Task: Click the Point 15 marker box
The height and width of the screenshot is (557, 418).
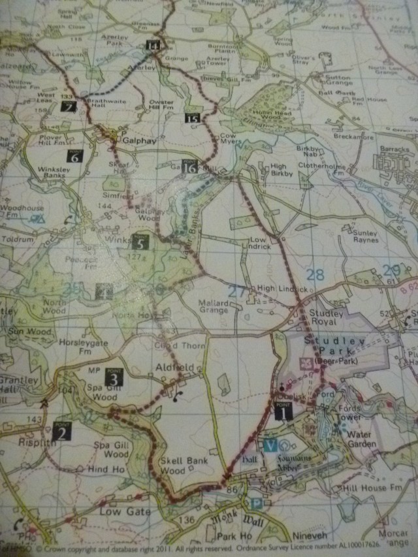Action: tap(192, 118)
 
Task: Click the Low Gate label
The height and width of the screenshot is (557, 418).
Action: tap(124, 511)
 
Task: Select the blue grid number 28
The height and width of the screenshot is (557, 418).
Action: tap(315, 275)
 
